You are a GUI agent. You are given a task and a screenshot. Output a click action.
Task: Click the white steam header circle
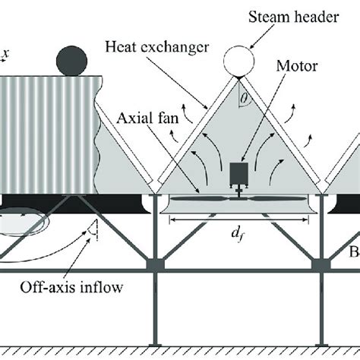point(239,59)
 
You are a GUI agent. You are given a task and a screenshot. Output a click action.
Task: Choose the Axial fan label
point(144,118)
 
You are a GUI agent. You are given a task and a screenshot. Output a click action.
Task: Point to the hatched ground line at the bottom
point(180,350)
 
